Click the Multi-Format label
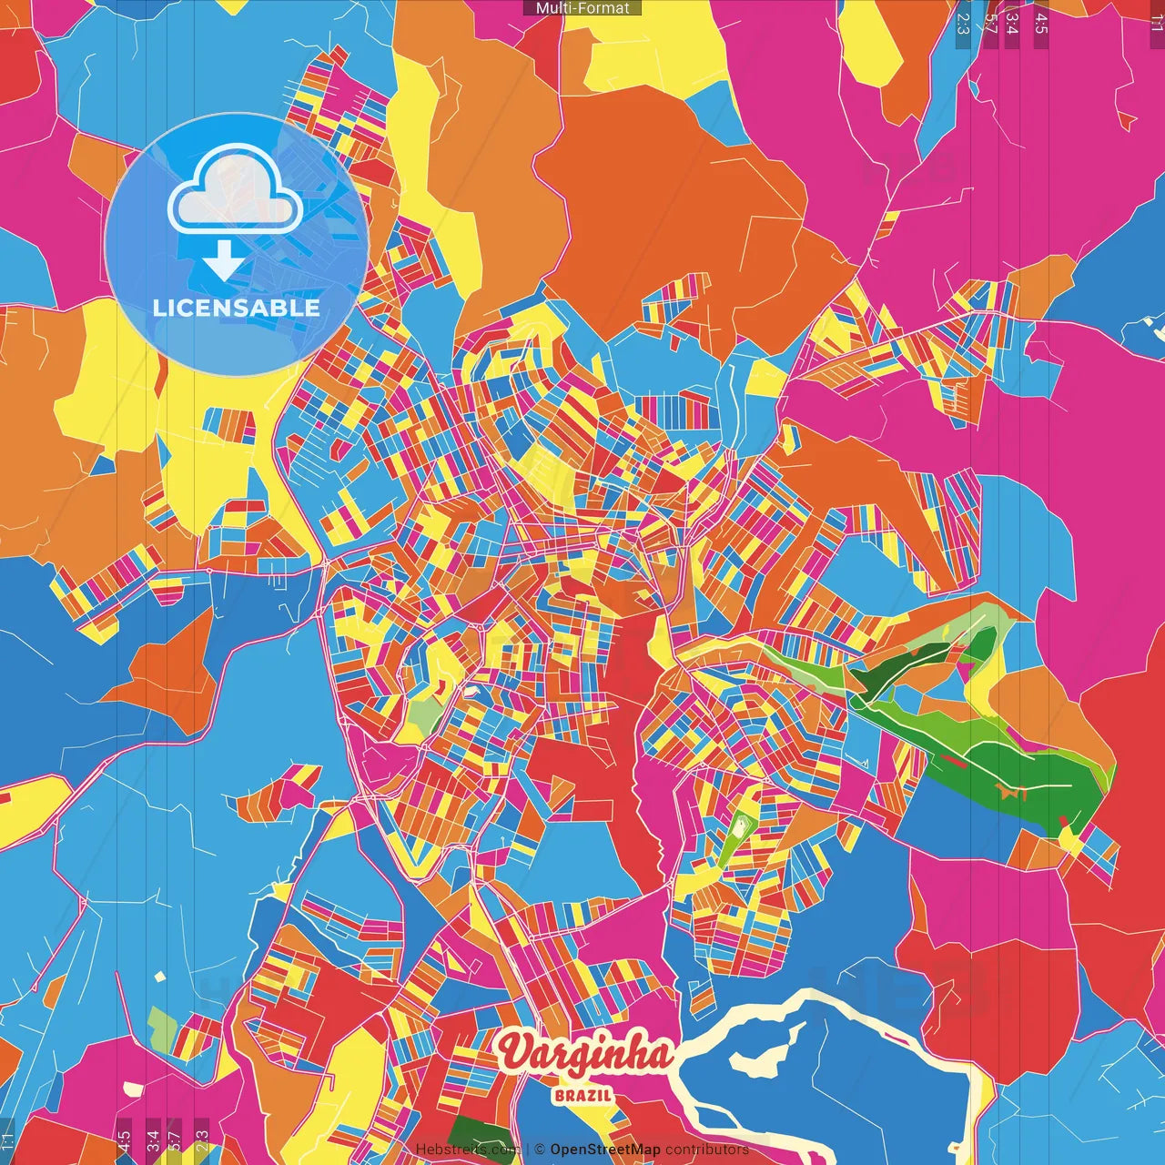pyautogui.click(x=582, y=8)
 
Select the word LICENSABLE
pyautogui.click(x=237, y=308)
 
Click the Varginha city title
pyautogui.click(x=586, y=1054)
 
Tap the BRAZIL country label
pyautogui.click(x=582, y=1095)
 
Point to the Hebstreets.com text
pyautogui.click(x=466, y=1150)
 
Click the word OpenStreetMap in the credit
pyautogui.click(x=604, y=1150)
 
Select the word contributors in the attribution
pyautogui.click(x=706, y=1150)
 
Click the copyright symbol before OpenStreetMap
pyautogui.click(x=540, y=1150)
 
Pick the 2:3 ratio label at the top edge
pyautogui.click(x=963, y=23)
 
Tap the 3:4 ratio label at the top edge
pyautogui.click(x=1012, y=23)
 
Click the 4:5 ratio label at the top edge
pyautogui.click(x=1040, y=23)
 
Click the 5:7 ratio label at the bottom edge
pyautogui.click(x=174, y=1138)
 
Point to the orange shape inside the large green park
pyautogui.click(x=1010, y=792)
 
